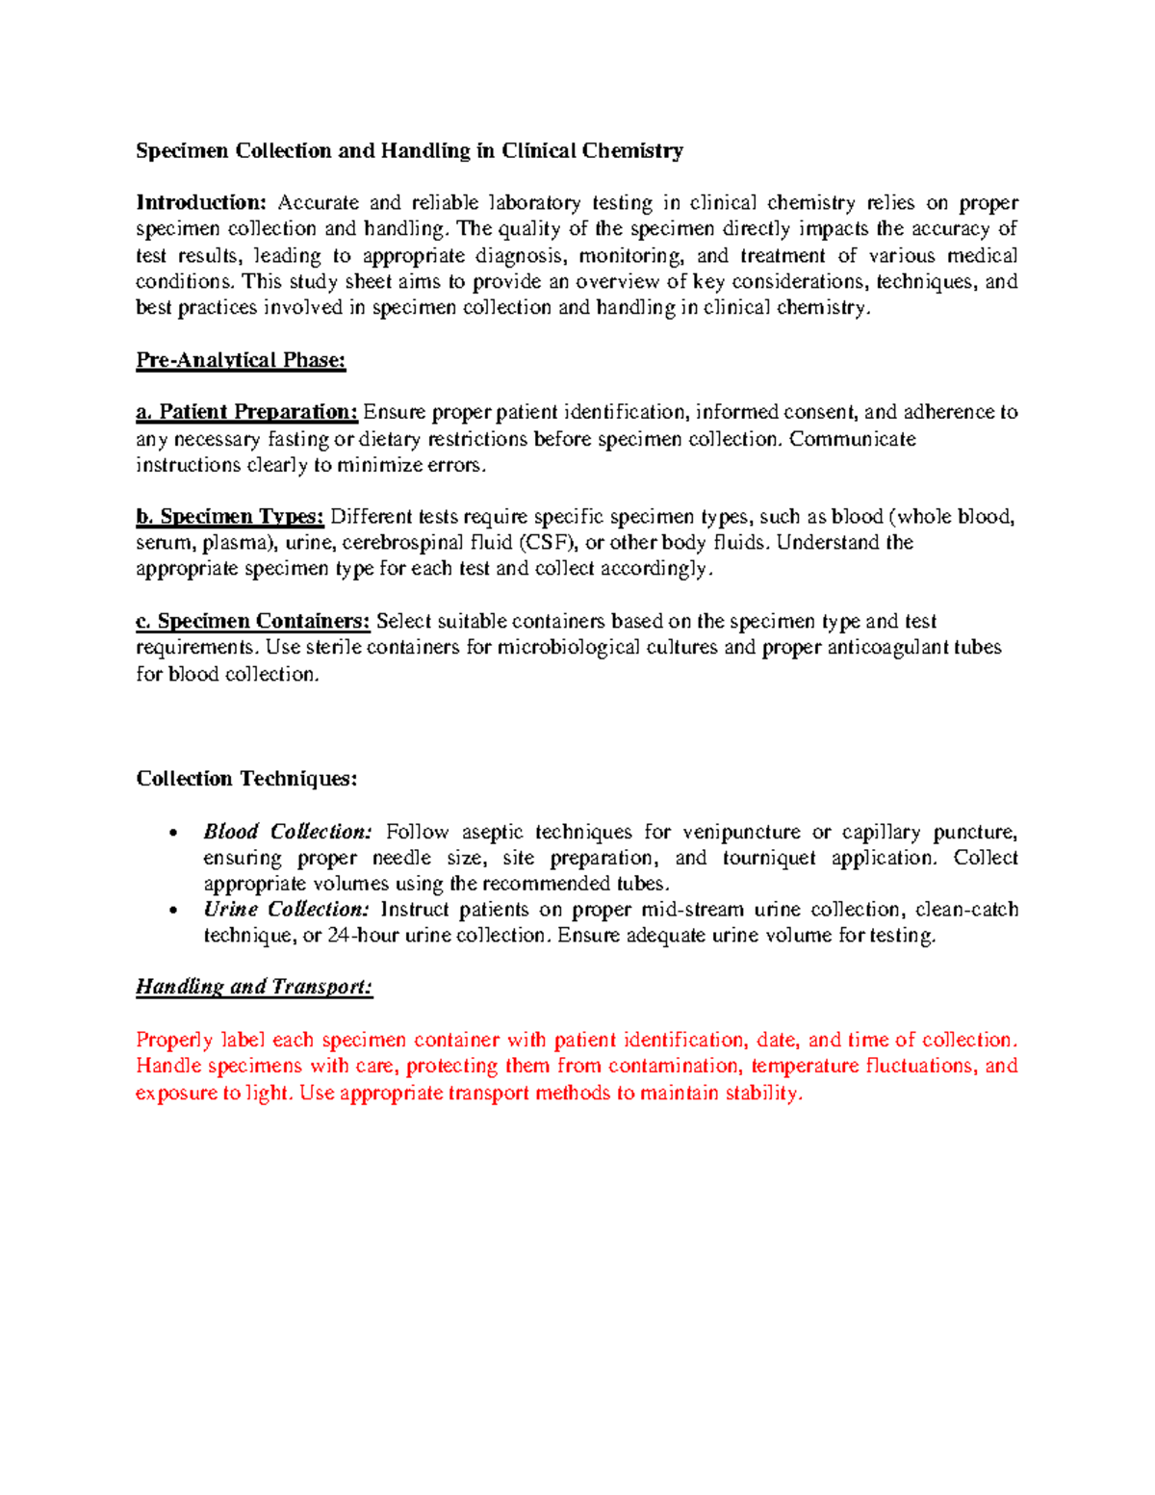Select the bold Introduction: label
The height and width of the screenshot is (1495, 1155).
pos(200,202)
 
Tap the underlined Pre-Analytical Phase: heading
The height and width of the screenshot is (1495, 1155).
pos(241,360)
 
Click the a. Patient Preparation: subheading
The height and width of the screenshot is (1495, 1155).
pos(247,412)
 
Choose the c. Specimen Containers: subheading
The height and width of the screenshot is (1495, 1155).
pos(253,621)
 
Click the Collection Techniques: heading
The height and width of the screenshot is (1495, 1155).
pos(246,778)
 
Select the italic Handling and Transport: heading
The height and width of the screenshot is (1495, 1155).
pos(254,987)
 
